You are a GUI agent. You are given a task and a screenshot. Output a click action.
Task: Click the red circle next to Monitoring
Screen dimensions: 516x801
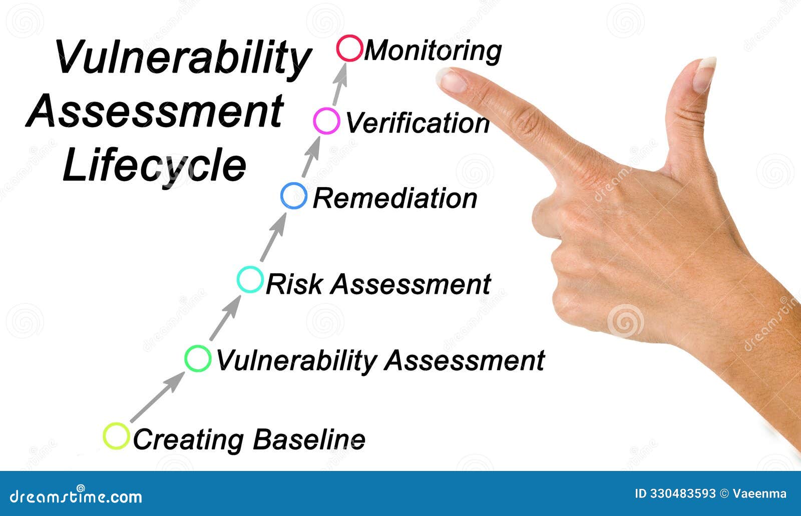[x=349, y=49]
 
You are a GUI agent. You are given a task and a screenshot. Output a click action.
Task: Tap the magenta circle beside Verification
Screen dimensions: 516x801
[x=326, y=121]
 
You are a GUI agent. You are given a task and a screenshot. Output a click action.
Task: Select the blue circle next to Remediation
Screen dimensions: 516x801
[x=294, y=196]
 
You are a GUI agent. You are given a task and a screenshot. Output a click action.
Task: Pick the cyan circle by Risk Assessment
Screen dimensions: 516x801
[x=249, y=280]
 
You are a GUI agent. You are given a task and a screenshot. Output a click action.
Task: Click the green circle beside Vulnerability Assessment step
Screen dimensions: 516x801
[x=198, y=358]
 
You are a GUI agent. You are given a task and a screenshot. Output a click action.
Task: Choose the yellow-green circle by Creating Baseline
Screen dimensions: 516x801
[x=116, y=436]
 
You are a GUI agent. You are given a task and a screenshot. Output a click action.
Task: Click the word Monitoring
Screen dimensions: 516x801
[x=433, y=51]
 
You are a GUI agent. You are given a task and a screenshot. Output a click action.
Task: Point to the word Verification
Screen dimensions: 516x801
[x=417, y=123]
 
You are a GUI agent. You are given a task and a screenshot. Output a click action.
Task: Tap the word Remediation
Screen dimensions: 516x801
[x=395, y=198]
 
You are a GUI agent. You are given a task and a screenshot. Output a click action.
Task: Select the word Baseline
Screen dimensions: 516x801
[x=308, y=439]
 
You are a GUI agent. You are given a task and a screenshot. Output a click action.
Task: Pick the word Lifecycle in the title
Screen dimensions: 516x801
[x=155, y=167]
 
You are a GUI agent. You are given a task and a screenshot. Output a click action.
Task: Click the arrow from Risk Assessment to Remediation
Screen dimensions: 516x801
[x=273, y=238]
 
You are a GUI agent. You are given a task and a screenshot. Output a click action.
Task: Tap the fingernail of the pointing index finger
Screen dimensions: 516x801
[x=452, y=80]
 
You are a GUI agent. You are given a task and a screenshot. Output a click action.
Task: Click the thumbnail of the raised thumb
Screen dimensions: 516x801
[x=705, y=74]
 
